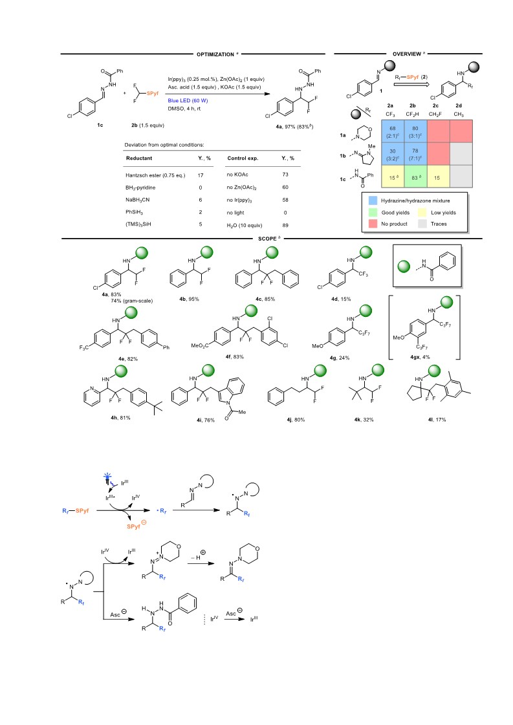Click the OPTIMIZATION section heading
tap(215, 54)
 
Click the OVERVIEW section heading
tap(407, 54)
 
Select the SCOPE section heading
tap(267, 239)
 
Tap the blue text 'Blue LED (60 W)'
tap(188, 101)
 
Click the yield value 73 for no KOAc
tap(285, 175)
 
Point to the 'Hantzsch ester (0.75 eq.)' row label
tap(155, 175)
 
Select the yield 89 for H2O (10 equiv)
tap(285, 225)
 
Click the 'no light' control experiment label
tap(235, 213)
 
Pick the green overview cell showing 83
tap(415, 177)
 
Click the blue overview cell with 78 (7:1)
tap(415, 154)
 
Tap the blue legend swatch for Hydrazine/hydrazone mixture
tap(373, 200)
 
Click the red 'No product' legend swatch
tap(373, 224)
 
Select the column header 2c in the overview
tap(435, 105)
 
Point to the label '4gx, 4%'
tap(420, 357)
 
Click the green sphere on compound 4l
tap(434, 371)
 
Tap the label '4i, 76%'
tap(205, 420)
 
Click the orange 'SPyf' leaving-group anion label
tap(134, 526)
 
